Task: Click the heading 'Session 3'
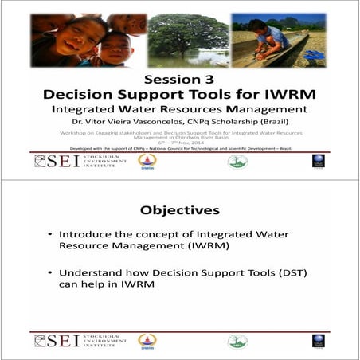pos(179,79)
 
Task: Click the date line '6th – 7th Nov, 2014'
pos(179,143)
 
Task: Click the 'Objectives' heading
pos(179,210)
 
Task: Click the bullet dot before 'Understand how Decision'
pos(50,273)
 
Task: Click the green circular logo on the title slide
pos(237,162)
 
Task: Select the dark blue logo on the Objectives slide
pos(318,341)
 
